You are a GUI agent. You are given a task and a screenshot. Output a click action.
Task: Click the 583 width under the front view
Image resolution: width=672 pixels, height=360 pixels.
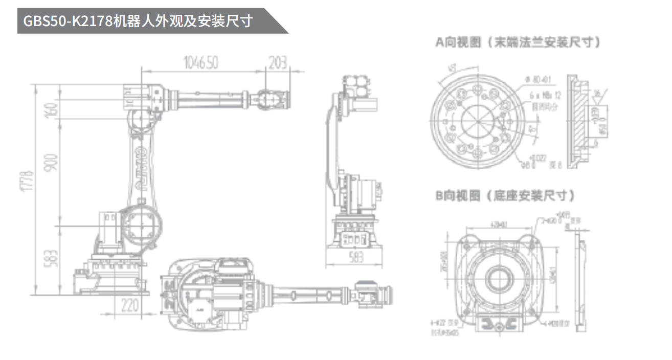pos(353,257)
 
